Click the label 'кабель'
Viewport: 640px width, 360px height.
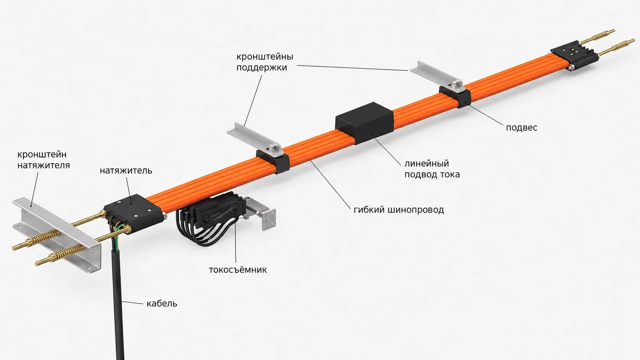(x=162, y=303)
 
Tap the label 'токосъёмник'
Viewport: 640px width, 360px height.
(x=238, y=270)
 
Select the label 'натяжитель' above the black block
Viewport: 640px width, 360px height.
(x=126, y=171)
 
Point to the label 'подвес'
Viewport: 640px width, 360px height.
(x=521, y=128)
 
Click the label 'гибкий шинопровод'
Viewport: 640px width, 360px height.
(x=398, y=210)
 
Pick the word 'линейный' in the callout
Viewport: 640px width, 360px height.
(x=426, y=164)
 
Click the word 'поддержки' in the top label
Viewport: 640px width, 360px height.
(x=261, y=68)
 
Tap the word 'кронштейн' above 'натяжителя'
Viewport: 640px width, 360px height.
(x=42, y=155)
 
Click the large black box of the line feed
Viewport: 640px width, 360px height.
(x=364, y=123)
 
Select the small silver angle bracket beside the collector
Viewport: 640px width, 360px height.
(x=261, y=213)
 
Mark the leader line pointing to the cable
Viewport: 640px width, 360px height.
(x=132, y=302)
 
